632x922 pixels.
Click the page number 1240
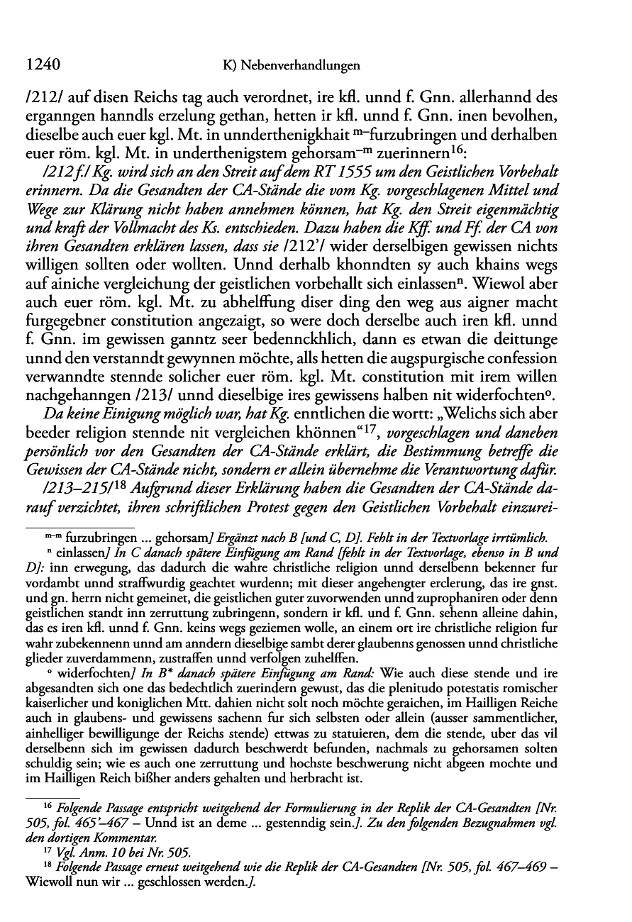pyautogui.click(x=40, y=65)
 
